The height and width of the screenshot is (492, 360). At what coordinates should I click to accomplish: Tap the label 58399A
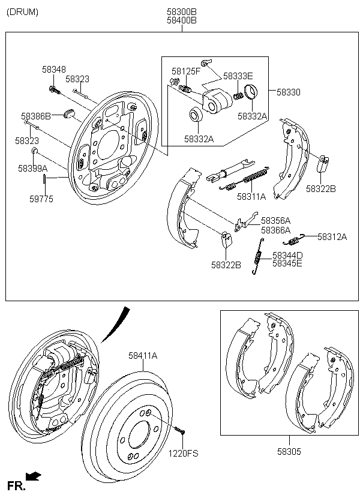click(32, 169)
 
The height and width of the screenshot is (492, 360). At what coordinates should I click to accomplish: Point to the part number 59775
click(41, 199)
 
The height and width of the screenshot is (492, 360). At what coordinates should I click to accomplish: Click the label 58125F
click(185, 71)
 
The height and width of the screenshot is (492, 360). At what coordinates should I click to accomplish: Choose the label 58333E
click(238, 76)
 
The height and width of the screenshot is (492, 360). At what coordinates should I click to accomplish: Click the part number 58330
click(289, 92)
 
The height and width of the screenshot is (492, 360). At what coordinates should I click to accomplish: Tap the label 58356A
click(275, 221)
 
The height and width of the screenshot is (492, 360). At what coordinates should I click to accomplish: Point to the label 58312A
click(332, 237)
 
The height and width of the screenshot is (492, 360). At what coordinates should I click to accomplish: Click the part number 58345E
click(287, 263)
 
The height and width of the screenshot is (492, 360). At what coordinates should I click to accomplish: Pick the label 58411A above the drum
click(142, 356)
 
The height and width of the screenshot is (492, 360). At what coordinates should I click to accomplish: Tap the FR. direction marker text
click(16, 485)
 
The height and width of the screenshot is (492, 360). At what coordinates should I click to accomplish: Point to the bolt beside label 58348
click(53, 91)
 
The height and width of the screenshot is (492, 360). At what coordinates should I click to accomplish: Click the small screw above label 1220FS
click(179, 430)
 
